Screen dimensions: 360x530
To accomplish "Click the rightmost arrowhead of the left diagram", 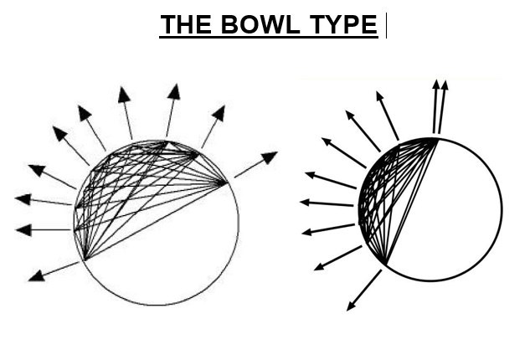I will click(x=270, y=157).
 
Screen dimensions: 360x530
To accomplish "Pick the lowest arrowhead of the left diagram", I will click(x=34, y=275).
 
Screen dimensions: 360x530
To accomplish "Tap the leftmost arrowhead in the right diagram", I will click(x=305, y=203).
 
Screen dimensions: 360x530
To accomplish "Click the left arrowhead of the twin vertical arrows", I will click(x=435, y=85).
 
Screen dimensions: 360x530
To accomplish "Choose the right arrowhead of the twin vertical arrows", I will click(x=445, y=85).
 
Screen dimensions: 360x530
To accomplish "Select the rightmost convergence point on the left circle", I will click(x=226, y=182).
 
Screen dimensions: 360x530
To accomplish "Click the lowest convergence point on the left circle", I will click(x=83, y=260).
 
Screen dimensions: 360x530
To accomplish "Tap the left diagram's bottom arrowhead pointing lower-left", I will click(x=34, y=275).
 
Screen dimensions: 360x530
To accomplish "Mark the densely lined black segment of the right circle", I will click(x=381, y=197).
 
